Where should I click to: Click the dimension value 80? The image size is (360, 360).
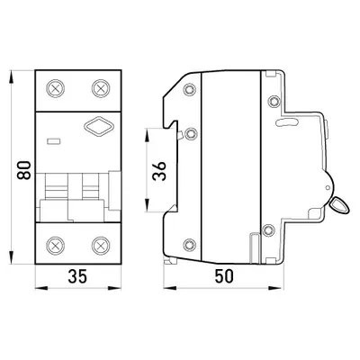click(24, 170)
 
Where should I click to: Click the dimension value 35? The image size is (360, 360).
click(77, 276)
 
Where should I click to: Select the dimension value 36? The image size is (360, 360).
click(159, 171)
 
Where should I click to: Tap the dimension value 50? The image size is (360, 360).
click(224, 276)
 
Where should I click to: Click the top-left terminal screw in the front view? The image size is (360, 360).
click(56, 88)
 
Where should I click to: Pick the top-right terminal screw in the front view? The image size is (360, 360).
click(101, 88)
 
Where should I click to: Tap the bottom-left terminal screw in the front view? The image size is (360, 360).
click(56, 246)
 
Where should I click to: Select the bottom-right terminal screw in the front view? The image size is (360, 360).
click(101, 246)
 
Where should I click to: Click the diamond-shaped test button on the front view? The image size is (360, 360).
click(100, 127)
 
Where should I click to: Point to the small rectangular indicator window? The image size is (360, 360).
click(54, 141)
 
